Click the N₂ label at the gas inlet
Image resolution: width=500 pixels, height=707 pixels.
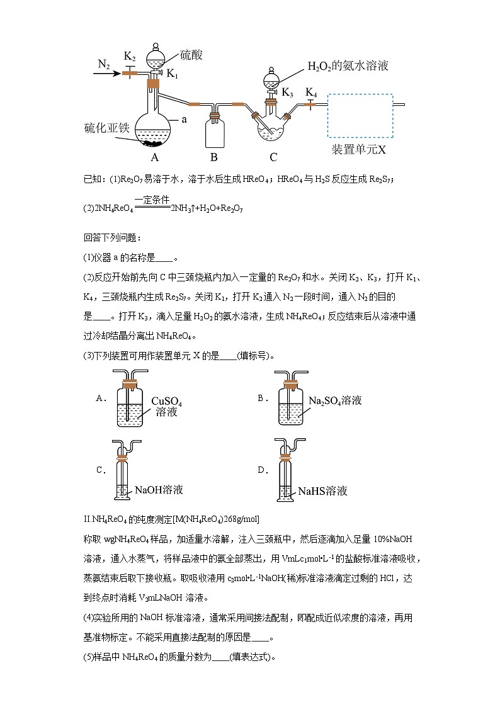(104, 64)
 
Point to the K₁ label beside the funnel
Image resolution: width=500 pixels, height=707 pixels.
(172, 74)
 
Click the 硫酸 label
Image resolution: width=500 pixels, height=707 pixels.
(191, 55)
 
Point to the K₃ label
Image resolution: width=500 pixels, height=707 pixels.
(287, 93)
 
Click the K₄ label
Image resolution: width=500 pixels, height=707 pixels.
(311, 93)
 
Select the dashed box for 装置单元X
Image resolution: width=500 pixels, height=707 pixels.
(360, 116)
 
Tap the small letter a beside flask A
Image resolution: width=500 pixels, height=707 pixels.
(184, 118)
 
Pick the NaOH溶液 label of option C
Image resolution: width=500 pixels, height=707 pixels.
(159, 489)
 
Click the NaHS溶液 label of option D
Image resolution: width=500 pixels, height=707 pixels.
(322, 491)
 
